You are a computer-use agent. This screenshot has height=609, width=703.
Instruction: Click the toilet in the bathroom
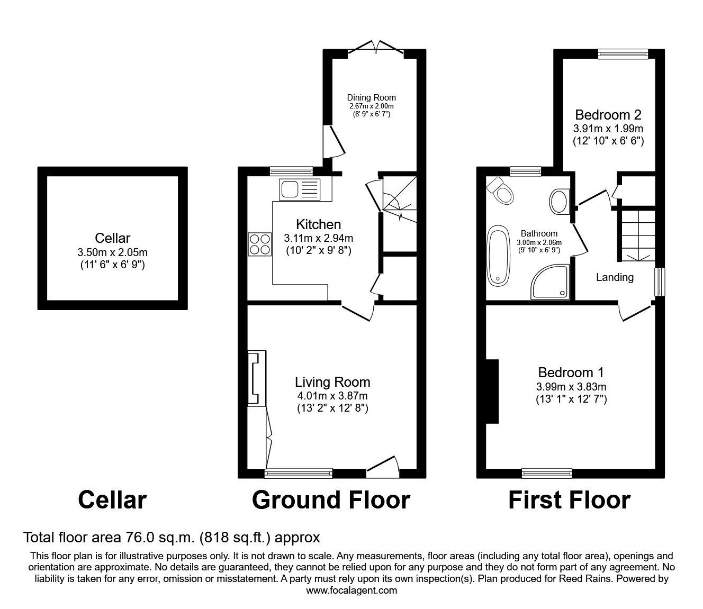coord(501,190)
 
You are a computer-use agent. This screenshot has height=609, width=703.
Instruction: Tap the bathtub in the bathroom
coord(499,256)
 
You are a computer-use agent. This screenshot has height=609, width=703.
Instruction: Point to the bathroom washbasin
coord(558,202)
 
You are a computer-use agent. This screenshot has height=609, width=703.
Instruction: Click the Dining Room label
coord(371,97)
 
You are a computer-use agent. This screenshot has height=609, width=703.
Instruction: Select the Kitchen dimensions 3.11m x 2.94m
coord(318,238)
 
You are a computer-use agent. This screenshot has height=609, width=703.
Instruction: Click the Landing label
coord(615,277)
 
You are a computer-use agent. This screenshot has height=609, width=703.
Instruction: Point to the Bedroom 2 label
coord(608,115)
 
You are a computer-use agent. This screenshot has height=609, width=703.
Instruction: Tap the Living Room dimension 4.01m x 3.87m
coord(332,396)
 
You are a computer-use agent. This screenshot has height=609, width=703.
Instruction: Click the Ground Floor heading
coord(331,500)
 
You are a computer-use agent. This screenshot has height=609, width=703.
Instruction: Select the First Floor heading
coord(569,500)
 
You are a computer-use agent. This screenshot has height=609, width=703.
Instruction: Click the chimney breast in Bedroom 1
coord(492,391)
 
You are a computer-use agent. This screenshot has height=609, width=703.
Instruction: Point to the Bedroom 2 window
coord(623,53)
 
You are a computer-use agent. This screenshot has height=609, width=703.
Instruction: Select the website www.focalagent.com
coord(351,590)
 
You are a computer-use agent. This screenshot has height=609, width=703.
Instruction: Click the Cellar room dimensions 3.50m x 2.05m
coord(112,252)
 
